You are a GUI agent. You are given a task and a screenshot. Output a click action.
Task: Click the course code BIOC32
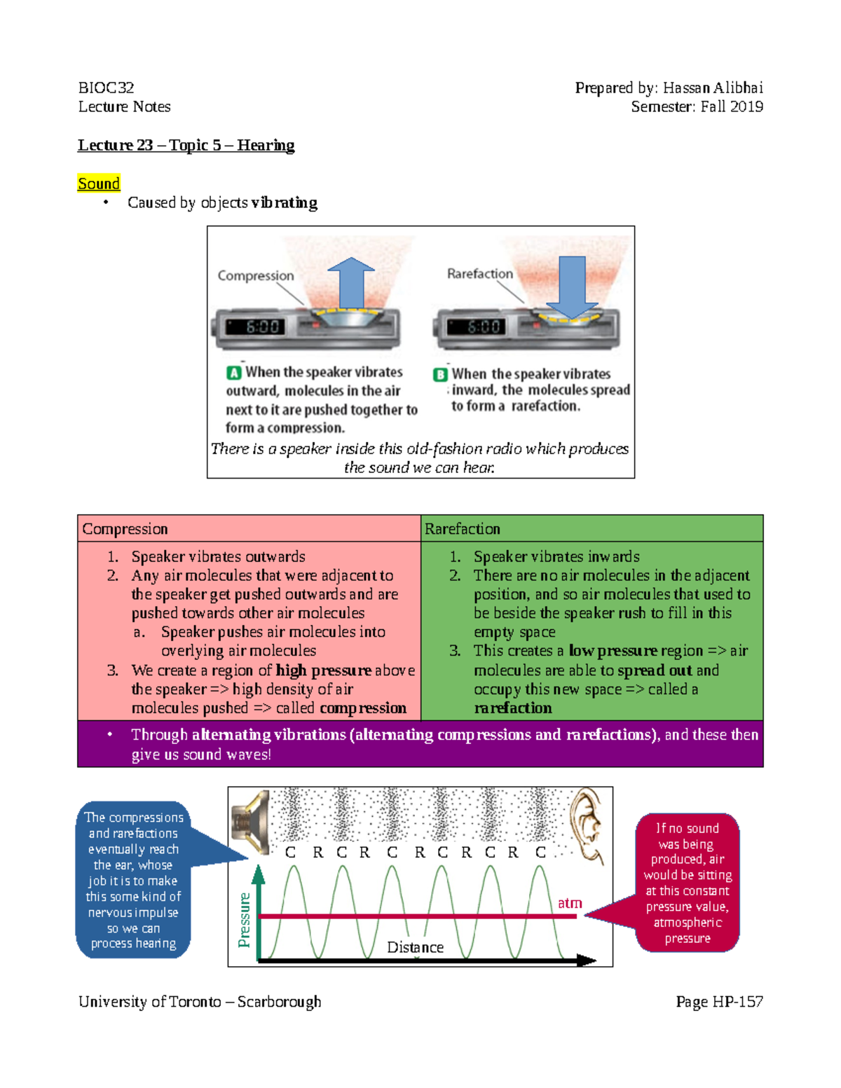(106, 88)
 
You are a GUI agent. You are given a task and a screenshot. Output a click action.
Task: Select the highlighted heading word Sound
(99, 184)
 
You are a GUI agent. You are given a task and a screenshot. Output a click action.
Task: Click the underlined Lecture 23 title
(186, 145)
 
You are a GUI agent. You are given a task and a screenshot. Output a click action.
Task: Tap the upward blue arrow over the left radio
(351, 282)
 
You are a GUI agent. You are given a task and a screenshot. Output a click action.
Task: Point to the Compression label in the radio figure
(255, 275)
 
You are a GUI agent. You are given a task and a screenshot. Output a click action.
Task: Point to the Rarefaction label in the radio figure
(480, 273)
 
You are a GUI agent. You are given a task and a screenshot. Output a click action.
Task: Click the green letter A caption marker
(234, 373)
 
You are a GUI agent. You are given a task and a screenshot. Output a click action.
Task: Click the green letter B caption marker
(440, 374)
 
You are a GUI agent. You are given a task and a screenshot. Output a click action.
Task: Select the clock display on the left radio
(262, 326)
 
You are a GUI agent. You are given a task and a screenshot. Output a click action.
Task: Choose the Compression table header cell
(249, 529)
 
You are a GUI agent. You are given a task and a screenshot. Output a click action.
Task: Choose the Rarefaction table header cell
(592, 529)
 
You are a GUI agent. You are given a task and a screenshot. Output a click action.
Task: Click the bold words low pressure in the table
(613, 651)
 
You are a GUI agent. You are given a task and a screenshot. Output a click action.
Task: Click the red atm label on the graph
(570, 903)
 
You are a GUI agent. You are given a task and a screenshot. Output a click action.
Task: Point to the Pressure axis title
(244, 919)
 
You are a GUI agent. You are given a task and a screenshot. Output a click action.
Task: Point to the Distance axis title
(415, 947)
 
